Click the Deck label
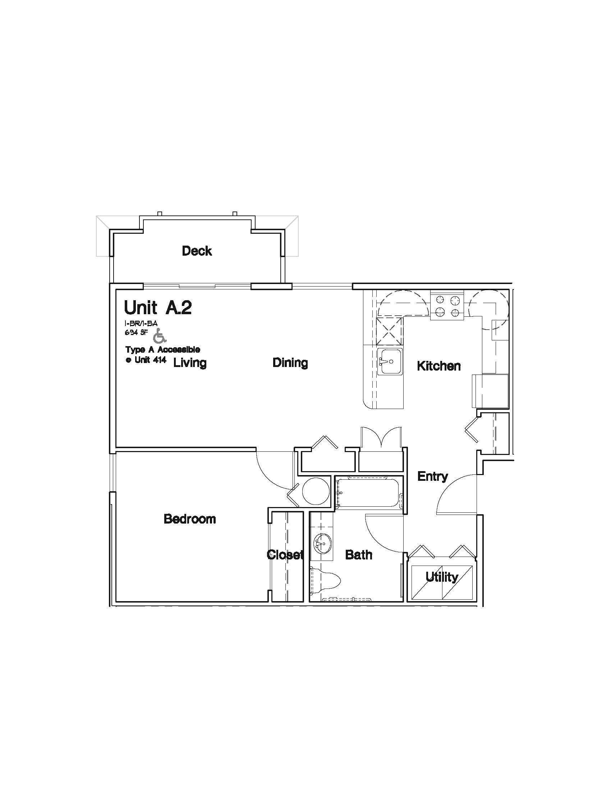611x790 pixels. [x=197, y=251]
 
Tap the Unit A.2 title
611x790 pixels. [x=158, y=308]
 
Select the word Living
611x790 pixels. [x=190, y=362]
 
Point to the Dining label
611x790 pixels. [x=290, y=362]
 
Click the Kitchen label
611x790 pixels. [x=439, y=366]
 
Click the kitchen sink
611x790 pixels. [x=390, y=361]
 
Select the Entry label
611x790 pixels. [x=432, y=476]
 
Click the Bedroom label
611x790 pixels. [x=190, y=519]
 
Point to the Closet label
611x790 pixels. [x=285, y=554]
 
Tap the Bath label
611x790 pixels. [x=358, y=554]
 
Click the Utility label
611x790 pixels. [x=442, y=577]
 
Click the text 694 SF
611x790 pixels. [x=137, y=333]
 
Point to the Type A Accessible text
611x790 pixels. [x=162, y=350]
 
